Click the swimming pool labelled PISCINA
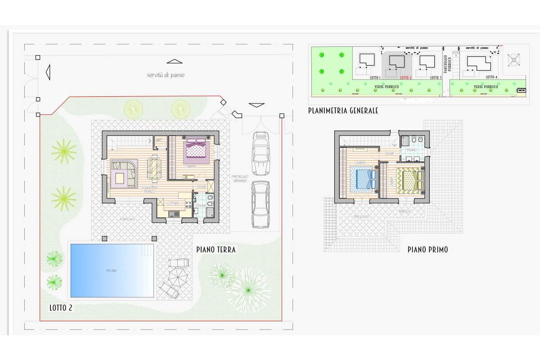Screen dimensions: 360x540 point(112,270)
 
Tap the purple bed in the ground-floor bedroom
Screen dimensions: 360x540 point(196,150)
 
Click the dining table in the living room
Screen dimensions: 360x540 point(154,167)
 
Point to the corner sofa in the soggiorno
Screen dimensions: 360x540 point(124,173)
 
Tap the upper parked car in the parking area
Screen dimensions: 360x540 point(261,153)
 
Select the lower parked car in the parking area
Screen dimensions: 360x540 point(261,204)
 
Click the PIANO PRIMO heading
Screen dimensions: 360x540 point(427,249)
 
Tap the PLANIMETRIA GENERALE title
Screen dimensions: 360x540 point(343,110)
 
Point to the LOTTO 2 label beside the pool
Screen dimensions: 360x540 point(61,308)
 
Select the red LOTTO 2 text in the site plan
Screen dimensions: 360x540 point(405,78)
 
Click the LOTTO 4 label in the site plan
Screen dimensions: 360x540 point(491,77)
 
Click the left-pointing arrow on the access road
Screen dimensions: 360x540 point(47,72)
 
